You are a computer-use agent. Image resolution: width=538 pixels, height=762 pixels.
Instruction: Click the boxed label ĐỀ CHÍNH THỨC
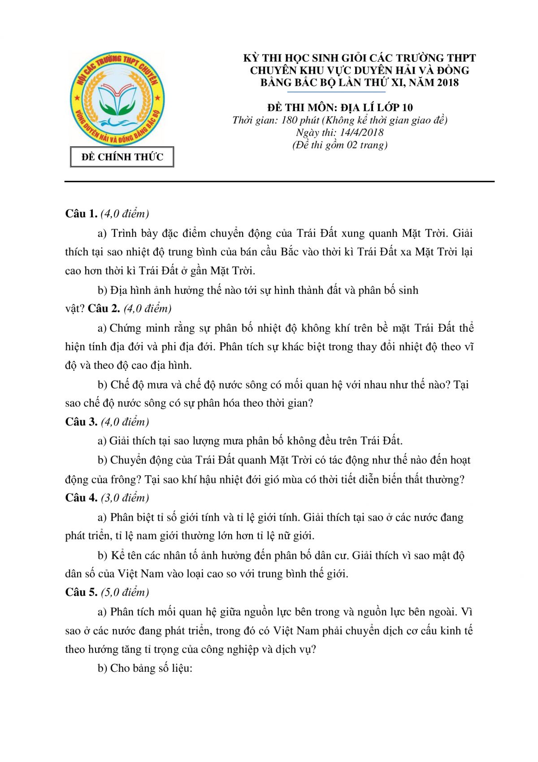(x=122, y=157)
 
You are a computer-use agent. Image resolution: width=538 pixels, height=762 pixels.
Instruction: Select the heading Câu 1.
(x=81, y=214)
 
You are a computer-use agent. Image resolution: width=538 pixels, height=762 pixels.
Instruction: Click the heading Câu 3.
(x=81, y=422)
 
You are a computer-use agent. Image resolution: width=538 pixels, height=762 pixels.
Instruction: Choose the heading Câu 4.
(x=81, y=498)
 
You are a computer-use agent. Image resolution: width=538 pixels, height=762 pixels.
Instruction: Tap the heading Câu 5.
(x=81, y=592)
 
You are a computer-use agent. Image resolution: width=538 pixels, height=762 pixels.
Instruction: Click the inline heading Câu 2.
(x=104, y=308)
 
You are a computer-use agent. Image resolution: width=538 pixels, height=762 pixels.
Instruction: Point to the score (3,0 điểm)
(x=125, y=498)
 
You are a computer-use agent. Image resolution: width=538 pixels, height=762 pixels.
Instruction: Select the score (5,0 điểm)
(x=125, y=592)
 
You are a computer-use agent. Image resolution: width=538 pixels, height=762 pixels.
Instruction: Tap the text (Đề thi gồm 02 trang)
(x=340, y=145)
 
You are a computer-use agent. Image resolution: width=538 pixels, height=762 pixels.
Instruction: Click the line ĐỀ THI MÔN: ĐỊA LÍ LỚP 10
(x=340, y=108)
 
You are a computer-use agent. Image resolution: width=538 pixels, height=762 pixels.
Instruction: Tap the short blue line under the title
(x=336, y=92)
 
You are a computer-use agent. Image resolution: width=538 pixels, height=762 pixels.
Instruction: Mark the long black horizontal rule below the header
(x=279, y=182)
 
